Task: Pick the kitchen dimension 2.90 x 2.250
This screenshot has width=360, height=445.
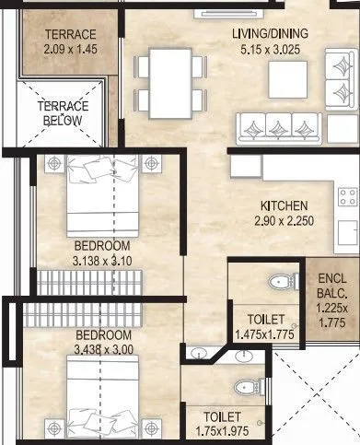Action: (285, 221)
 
